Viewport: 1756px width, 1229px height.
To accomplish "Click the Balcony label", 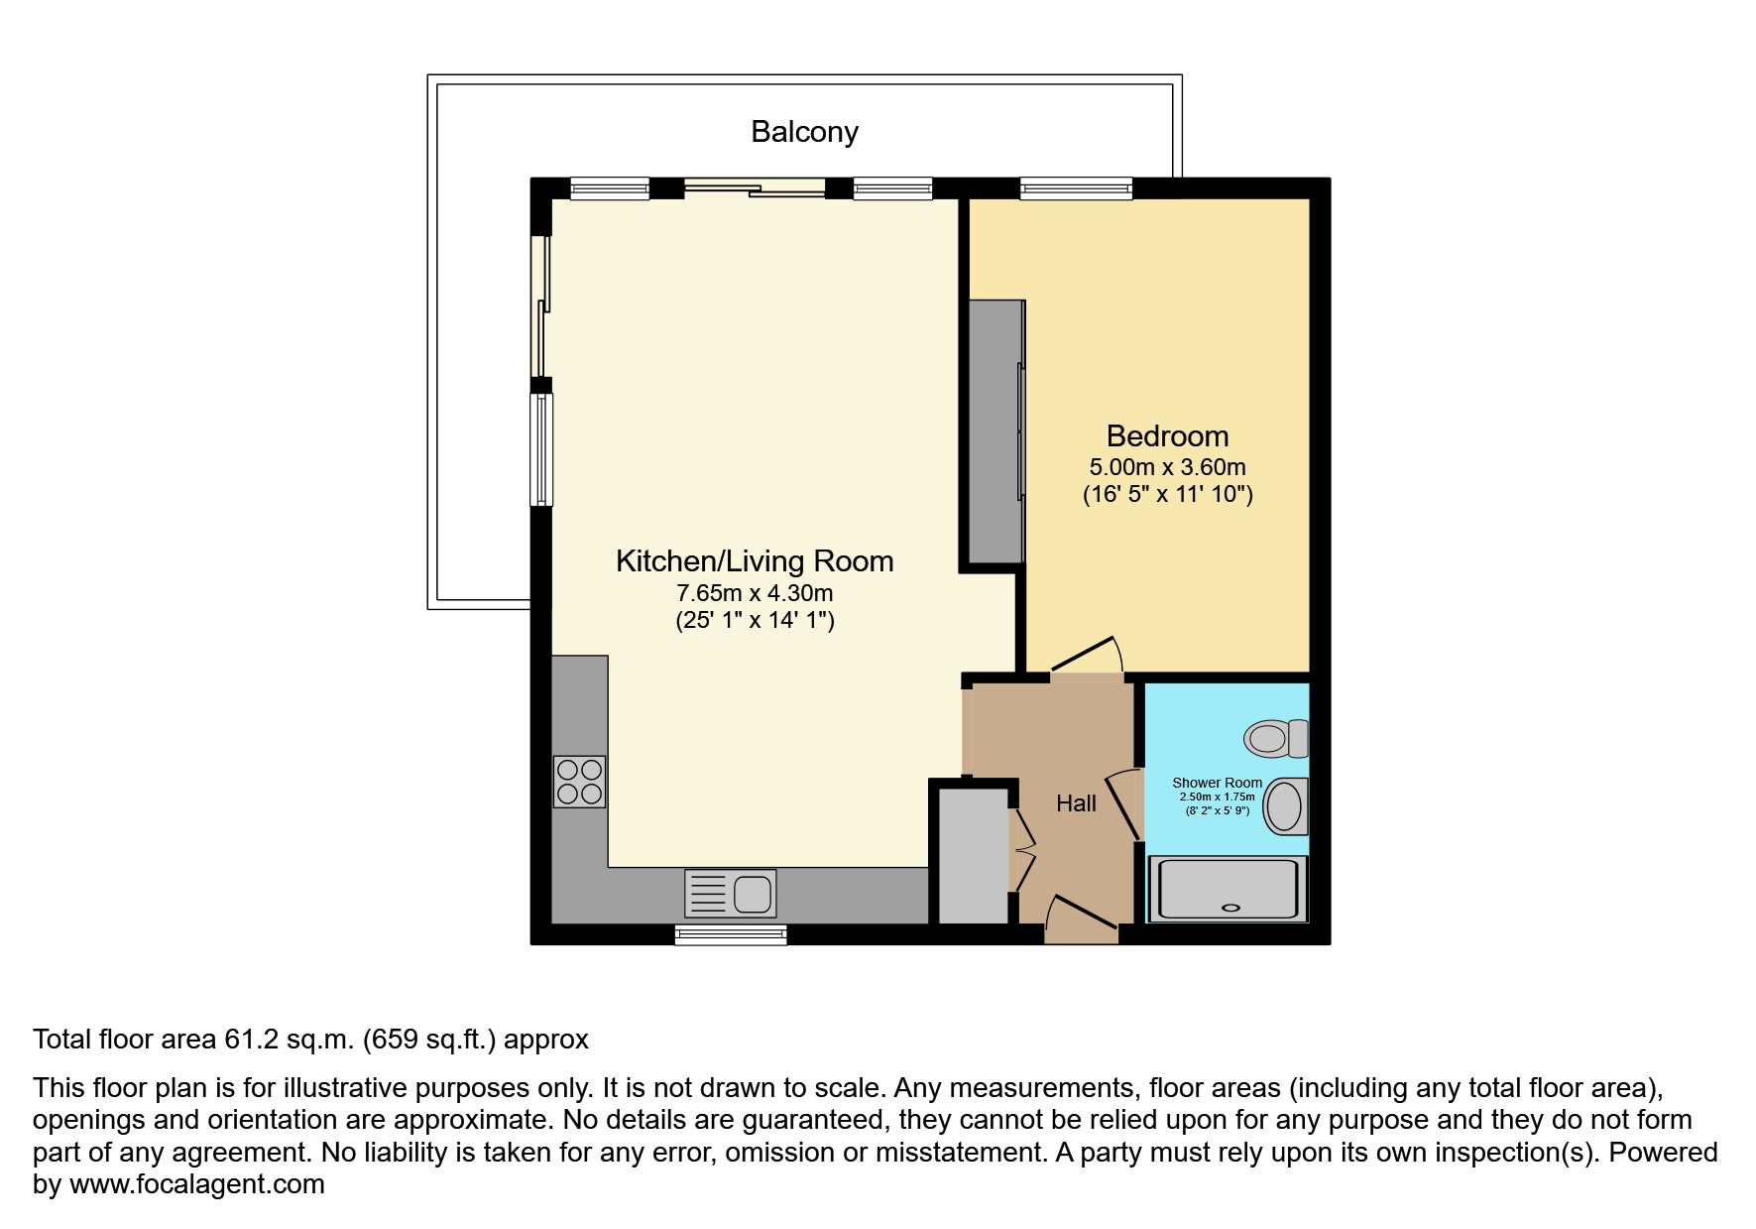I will coord(804,132).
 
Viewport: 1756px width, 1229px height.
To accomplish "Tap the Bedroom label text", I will coord(1167,436).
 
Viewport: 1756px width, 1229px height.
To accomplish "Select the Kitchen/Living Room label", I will coord(755,561).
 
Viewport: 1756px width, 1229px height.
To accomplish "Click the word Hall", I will coord(1076,803).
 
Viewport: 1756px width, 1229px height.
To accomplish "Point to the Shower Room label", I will coord(1217,783).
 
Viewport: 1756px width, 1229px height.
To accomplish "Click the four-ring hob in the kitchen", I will coord(579,781).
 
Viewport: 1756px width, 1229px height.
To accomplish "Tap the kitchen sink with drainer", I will coord(731,893).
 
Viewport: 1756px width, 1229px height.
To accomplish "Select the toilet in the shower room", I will coord(1276,739).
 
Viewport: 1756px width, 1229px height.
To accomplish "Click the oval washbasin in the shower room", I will coord(1285,805).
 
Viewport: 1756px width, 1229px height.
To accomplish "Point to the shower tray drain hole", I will coord(1231,907).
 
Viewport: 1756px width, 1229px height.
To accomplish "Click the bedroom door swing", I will coord(1088,657).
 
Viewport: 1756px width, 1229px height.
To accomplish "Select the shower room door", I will coord(1124,804).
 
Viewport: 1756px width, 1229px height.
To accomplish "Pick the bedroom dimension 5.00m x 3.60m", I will coord(1167,467).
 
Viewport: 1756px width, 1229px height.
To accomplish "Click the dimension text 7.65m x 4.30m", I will coord(755,594).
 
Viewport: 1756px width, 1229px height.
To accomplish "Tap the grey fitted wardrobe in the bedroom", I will coord(995,431).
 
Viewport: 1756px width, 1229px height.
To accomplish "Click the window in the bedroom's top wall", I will coord(1076,187).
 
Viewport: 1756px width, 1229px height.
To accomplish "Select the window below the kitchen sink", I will coord(731,934).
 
